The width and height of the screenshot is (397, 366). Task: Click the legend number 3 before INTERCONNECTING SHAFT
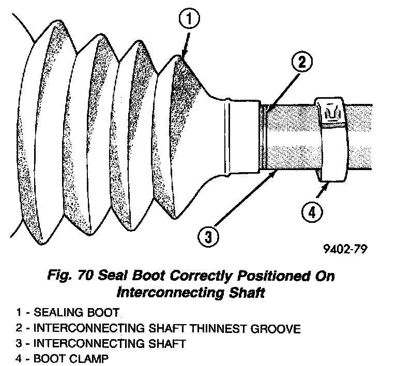click(x=19, y=343)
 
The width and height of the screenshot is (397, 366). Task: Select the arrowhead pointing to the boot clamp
click(x=324, y=185)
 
